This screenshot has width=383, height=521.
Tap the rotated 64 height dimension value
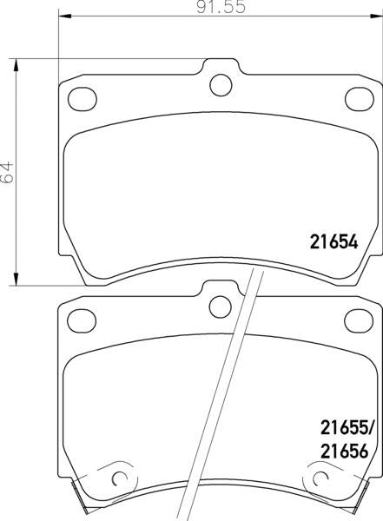click(x=10, y=170)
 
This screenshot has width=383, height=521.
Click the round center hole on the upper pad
click(x=221, y=84)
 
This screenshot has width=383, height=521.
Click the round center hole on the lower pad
click(x=221, y=305)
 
